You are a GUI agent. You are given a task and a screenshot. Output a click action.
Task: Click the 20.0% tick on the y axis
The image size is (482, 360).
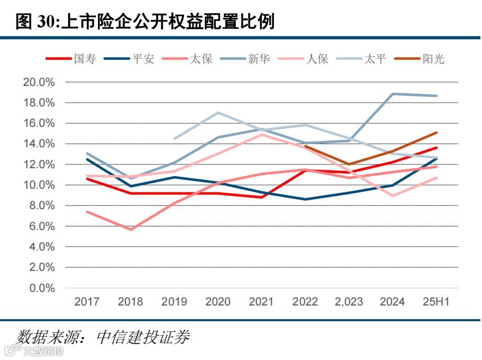(39, 82)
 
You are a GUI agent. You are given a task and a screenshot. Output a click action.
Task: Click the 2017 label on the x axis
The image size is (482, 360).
(87, 302)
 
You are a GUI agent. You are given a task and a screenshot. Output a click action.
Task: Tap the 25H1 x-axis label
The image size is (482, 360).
(436, 302)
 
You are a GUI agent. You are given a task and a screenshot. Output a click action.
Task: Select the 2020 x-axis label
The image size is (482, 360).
(218, 302)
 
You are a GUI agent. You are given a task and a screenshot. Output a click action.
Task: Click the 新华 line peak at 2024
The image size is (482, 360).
(392, 94)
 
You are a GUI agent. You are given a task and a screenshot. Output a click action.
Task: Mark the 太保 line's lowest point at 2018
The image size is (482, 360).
(130, 230)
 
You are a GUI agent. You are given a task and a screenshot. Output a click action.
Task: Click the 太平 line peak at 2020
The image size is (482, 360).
(218, 113)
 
